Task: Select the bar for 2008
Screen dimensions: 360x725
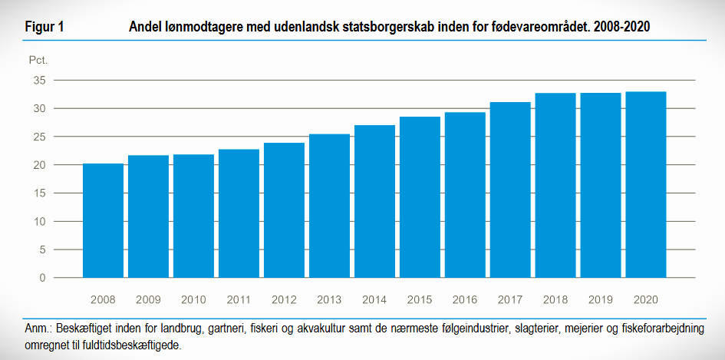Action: tap(103, 221)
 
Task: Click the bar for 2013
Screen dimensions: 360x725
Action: tap(329, 206)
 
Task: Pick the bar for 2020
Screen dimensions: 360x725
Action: tap(646, 185)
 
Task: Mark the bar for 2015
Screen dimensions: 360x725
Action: tap(420, 197)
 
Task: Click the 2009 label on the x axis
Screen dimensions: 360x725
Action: tap(148, 299)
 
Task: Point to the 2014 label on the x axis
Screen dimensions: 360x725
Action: tap(374, 299)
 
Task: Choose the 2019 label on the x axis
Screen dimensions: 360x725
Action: tap(601, 299)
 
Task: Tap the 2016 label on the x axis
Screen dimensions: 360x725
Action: tap(465, 299)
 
